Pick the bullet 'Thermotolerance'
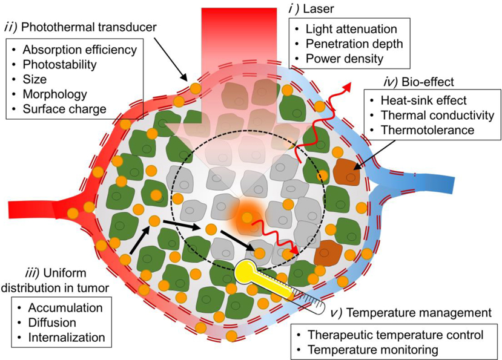pos(418,129)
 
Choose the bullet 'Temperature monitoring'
pos(374,349)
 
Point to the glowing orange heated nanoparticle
pos(246,215)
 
